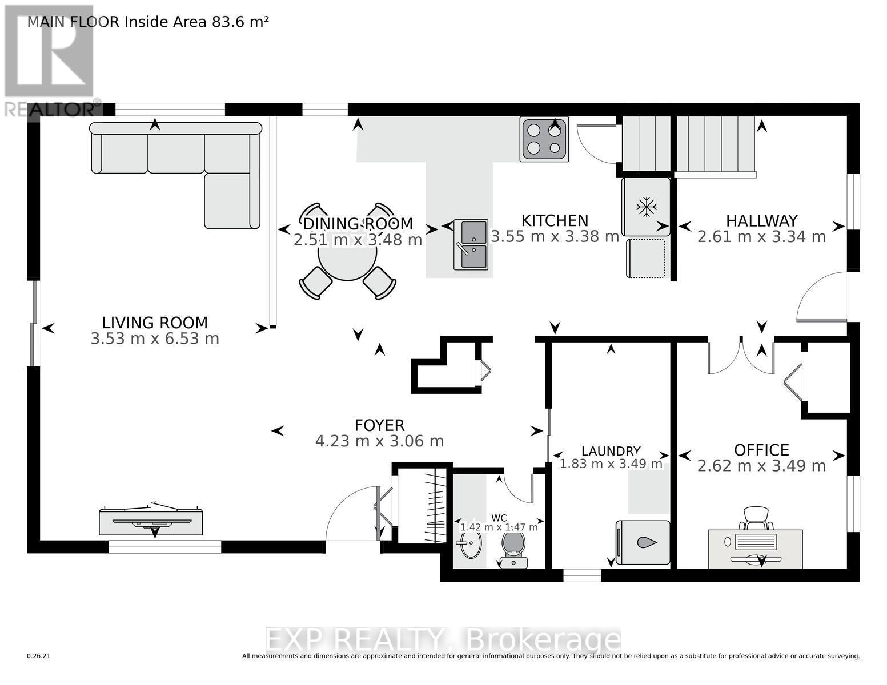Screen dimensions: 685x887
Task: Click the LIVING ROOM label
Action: coord(155,323)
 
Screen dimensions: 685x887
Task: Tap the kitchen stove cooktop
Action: coord(544,139)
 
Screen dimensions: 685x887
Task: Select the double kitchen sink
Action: coord(471,244)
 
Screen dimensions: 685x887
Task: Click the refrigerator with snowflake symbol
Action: coord(646,207)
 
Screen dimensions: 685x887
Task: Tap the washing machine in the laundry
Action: coord(643,542)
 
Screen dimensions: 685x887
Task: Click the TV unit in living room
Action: coord(151,521)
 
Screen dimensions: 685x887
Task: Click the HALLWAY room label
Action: coord(761,220)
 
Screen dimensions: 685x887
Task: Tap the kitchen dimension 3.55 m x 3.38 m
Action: coord(555,236)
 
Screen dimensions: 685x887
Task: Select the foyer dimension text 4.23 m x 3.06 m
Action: coord(379,441)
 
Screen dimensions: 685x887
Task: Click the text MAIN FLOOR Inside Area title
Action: coord(148,22)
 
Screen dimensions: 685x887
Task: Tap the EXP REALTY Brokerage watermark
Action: coord(443,640)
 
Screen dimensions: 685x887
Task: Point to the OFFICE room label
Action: coord(761,450)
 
